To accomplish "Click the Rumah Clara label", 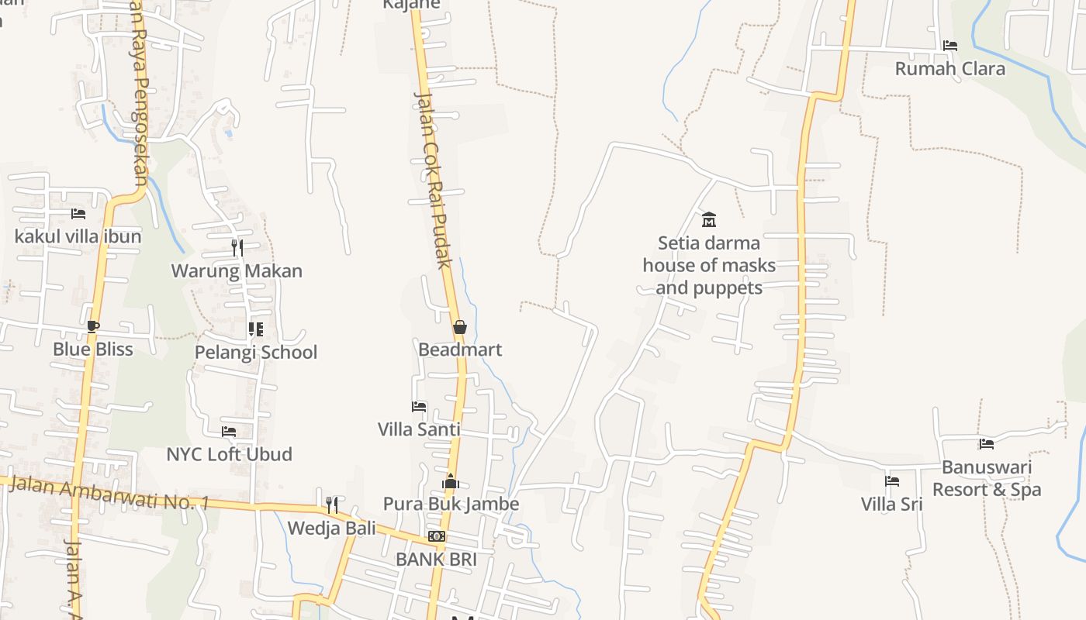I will (949, 68).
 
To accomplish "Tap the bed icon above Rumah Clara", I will (949, 46).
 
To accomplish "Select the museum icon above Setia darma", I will (708, 219).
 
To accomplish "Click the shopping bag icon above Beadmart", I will (460, 327).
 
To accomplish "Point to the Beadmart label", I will (460, 350).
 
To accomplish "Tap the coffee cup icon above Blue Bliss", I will (93, 326).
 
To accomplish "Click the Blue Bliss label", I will (93, 349).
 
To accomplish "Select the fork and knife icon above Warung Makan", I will (237, 248).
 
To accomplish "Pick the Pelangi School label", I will (256, 352).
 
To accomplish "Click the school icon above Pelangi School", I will (256, 329).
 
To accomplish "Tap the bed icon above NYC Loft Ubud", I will (229, 431).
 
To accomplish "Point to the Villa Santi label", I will (419, 429).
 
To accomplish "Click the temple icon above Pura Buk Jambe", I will (451, 481).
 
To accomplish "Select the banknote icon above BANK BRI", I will (437, 536).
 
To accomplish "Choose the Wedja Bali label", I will (331, 528).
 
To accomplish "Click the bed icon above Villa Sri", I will (892, 481).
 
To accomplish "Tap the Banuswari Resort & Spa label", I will (987, 478).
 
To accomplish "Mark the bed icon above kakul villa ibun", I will (78, 213).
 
